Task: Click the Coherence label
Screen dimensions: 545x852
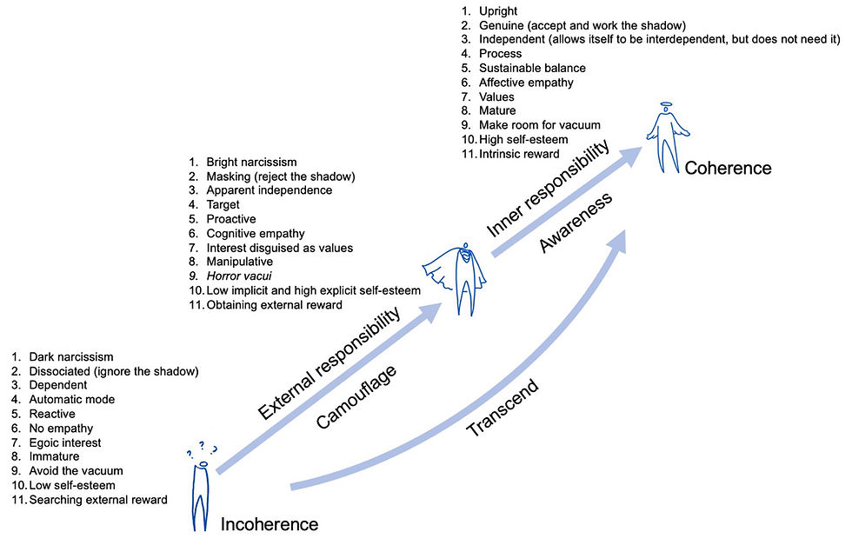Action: pyautogui.click(x=728, y=168)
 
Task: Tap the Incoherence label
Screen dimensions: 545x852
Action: pyautogui.click(x=270, y=524)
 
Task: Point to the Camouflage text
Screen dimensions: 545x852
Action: pyautogui.click(x=357, y=397)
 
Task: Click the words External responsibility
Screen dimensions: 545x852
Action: pyautogui.click(x=330, y=362)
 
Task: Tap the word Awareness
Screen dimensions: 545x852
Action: pyautogui.click(x=576, y=222)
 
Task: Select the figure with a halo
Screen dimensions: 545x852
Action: pyautogui.click(x=665, y=139)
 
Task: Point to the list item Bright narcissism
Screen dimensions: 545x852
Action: pyautogui.click(x=251, y=162)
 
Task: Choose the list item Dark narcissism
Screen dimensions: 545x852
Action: pyautogui.click(x=71, y=357)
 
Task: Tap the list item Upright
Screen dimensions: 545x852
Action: pyautogui.click(x=498, y=11)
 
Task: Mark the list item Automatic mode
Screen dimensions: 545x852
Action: pyautogui.click(x=71, y=400)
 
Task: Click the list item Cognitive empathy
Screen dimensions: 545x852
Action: pyautogui.click(x=255, y=233)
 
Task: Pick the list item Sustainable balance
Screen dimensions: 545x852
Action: pyautogui.click(x=532, y=68)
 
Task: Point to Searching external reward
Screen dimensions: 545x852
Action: pyautogui.click(x=98, y=499)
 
